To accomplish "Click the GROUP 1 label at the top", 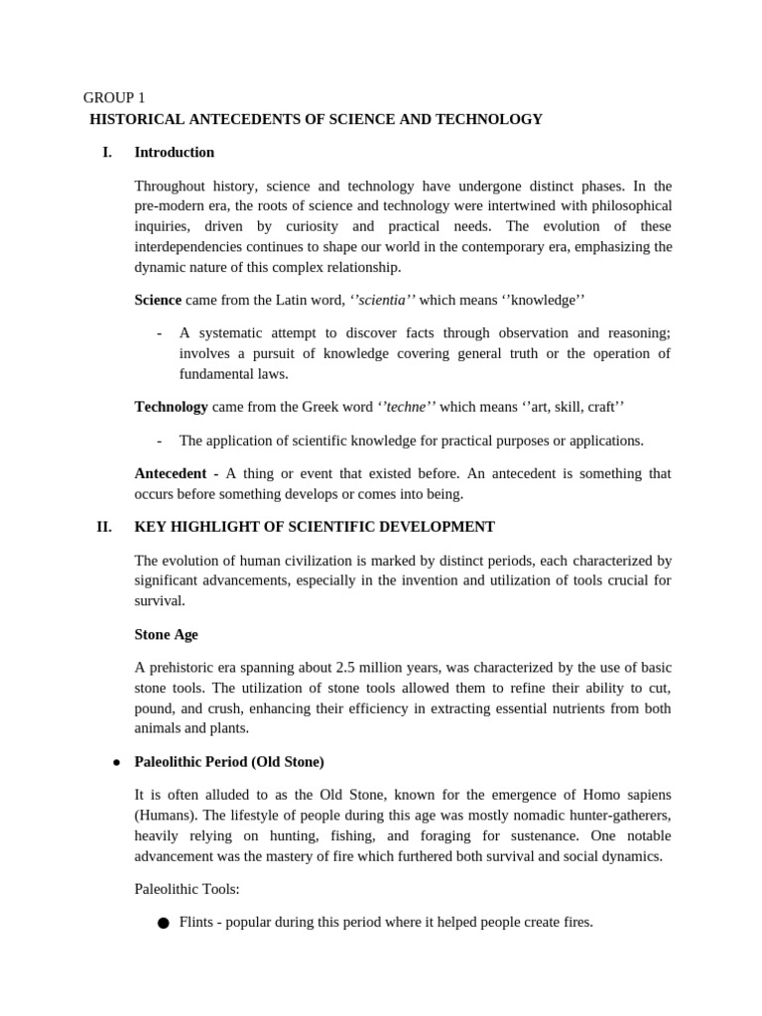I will [114, 97].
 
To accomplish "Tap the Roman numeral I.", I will [107, 152].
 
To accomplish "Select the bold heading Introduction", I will [174, 152].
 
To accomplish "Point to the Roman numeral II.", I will [104, 526].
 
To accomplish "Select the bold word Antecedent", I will [171, 473].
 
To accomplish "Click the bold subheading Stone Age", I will [166, 634].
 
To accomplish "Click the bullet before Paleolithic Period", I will [116, 762].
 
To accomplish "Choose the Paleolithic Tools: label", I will [187, 889].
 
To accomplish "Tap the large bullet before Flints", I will [164, 924].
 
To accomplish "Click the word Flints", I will [197, 922].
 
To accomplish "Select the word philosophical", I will [628, 205].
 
